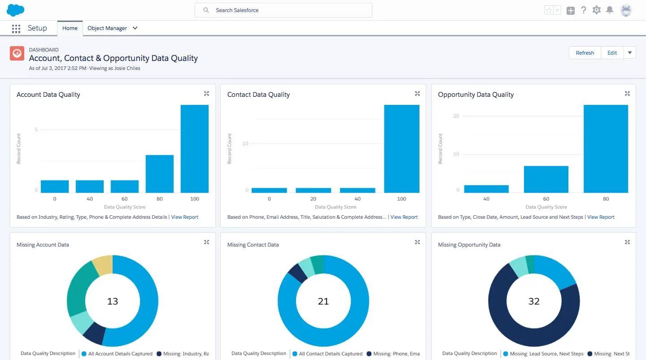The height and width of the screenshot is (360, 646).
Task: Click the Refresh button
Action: pos(585,53)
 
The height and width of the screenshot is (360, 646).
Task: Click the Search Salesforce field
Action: pos(283,10)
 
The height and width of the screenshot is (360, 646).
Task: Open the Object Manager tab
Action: pos(107,28)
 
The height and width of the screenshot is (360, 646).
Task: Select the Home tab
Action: pos(70,28)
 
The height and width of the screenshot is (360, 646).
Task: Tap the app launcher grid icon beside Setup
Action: pos(16,29)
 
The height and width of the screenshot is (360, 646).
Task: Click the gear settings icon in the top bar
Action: pos(596,10)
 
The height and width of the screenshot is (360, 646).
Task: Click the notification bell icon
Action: pos(610,10)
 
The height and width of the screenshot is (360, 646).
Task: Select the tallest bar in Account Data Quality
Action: pos(194,149)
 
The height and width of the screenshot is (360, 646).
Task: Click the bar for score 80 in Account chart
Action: pos(159,174)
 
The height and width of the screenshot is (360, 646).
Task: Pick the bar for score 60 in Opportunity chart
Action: pos(546,179)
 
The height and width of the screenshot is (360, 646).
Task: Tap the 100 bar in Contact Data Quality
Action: pos(402,149)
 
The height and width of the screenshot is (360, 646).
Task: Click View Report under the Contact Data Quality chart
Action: pos(404,217)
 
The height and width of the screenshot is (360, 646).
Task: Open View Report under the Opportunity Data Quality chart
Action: pos(601,217)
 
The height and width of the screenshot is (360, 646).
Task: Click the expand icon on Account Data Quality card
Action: pos(206,94)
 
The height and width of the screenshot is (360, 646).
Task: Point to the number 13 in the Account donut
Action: pos(113,301)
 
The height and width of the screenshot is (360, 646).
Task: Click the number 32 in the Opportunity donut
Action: pos(534,301)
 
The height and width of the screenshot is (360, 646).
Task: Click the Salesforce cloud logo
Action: pos(16,10)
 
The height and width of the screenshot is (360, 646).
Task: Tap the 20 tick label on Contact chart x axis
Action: pos(313,199)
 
